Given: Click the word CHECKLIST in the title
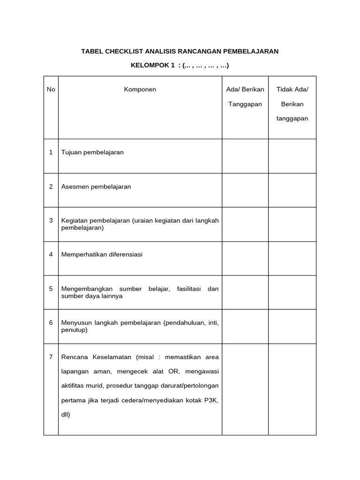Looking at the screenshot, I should click(x=126, y=51).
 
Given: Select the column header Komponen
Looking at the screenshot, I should click(x=140, y=90).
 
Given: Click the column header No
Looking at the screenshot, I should click(x=51, y=90).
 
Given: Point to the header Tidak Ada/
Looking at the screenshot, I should click(x=292, y=90).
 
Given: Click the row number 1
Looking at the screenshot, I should click(x=51, y=152).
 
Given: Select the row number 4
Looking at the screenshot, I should click(x=51, y=255).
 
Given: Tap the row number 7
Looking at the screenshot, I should click(x=51, y=357).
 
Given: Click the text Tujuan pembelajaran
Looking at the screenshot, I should click(x=92, y=152).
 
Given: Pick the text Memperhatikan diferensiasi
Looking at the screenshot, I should click(x=102, y=255).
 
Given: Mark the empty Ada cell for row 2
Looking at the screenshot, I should click(x=245, y=190).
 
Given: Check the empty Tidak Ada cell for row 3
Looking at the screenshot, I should click(x=292, y=225).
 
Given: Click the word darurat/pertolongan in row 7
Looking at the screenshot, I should click(x=190, y=386).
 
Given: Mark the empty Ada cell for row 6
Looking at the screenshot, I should click(x=245, y=327).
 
